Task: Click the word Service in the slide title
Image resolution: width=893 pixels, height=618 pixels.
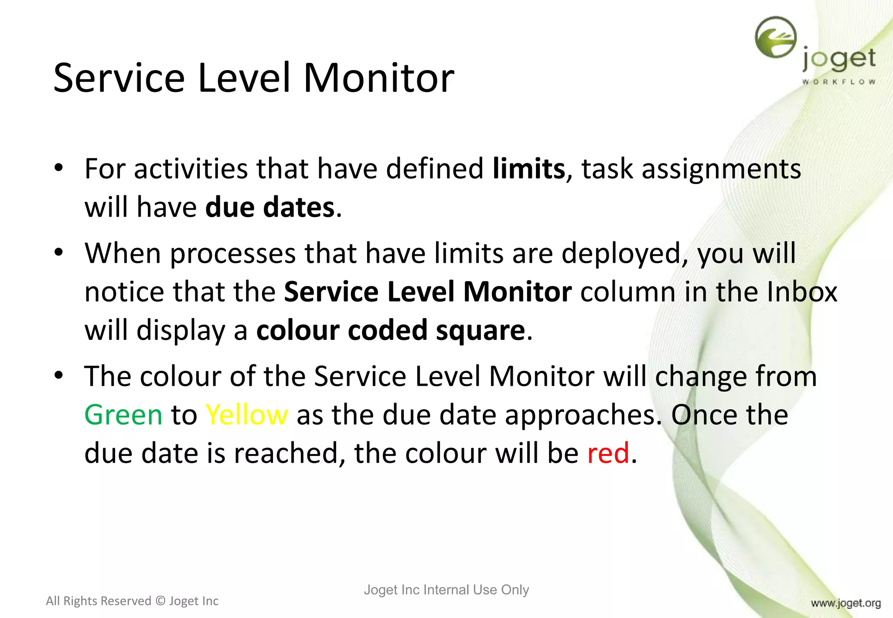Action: pyautogui.click(x=119, y=78)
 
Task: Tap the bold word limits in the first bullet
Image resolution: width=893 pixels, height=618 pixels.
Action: pyautogui.click(x=528, y=169)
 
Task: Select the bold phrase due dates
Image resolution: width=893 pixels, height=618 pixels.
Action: pyautogui.click(x=270, y=207)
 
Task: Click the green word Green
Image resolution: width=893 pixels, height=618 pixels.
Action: pyautogui.click(x=123, y=415)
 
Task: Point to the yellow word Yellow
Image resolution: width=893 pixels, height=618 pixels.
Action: pyautogui.click(x=246, y=415)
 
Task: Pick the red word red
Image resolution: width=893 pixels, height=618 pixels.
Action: pyautogui.click(x=608, y=453)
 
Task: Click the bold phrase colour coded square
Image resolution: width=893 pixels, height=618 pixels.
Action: pyautogui.click(x=391, y=330)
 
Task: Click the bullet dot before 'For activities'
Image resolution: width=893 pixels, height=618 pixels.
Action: pyautogui.click(x=59, y=168)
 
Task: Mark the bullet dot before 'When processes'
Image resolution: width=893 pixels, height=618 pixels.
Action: pyautogui.click(x=59, y=253)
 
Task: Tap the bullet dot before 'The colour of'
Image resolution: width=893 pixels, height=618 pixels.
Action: pyautogui.click(x=59, y=376)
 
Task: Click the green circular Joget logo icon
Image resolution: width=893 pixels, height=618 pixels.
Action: pyautogui.click(x=776, y=37)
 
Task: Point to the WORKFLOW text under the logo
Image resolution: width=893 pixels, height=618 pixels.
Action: pyautogui.click(x=838, y=82)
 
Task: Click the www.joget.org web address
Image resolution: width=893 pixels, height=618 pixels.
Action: pyautogui.click(x=846, y=603)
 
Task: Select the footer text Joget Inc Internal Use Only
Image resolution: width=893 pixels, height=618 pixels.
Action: pyautogui.click(x=446, y=590)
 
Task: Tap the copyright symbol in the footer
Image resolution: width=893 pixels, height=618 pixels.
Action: pyautogui.click(x=160, y=601)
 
